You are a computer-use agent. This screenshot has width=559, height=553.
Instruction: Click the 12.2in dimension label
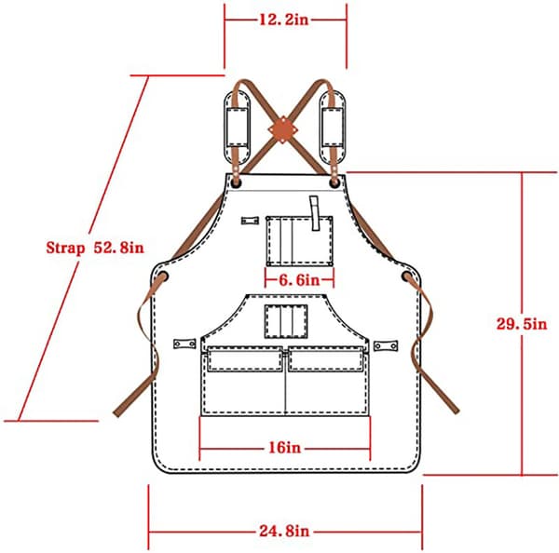click(284, 20)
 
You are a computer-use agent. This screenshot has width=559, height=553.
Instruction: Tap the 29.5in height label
click(522, 324)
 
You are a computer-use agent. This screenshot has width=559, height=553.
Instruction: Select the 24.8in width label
click(284, 532)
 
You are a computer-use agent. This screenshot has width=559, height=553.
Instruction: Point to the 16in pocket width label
click(284, 448)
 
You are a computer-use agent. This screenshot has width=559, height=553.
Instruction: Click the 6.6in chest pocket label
click(299, 280)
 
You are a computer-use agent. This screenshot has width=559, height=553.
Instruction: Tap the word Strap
click(65, 248)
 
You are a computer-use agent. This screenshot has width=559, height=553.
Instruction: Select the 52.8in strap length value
click(118, 248)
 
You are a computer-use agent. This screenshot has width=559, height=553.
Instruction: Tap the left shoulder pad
click(237, 128)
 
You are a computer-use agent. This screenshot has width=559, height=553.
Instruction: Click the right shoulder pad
click(333, 128)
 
